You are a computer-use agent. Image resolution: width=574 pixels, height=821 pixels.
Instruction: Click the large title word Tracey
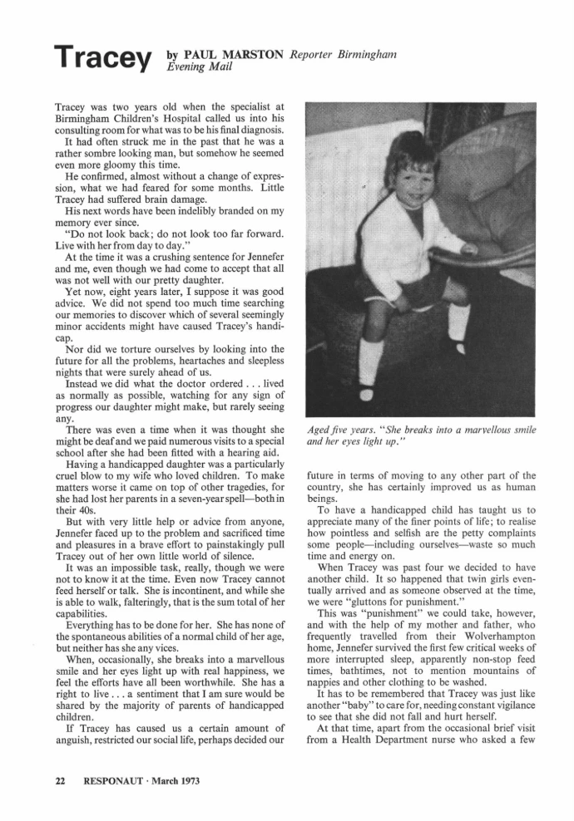click(x=103, y=58)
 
